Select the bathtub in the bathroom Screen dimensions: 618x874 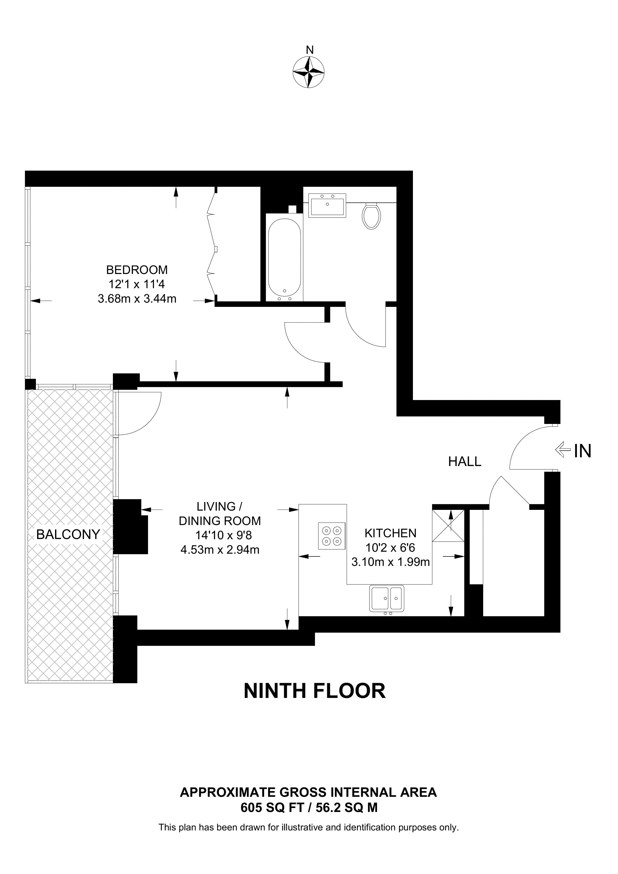pyautogui.click(x=285, y=258)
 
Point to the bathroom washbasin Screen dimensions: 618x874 pyautogui.click(x=327, y=205)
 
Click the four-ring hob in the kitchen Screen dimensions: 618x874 pyautogui.click(x=332, y=536)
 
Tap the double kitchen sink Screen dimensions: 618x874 pyautogui.click(x=387, y=599)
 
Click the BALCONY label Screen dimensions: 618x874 pyautogui.click(x=68, y=535)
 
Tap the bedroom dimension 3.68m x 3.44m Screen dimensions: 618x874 pyautogui.click(x=137, y=298)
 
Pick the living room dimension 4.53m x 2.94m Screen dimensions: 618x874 pyautogui.click(x=220, y=550)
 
